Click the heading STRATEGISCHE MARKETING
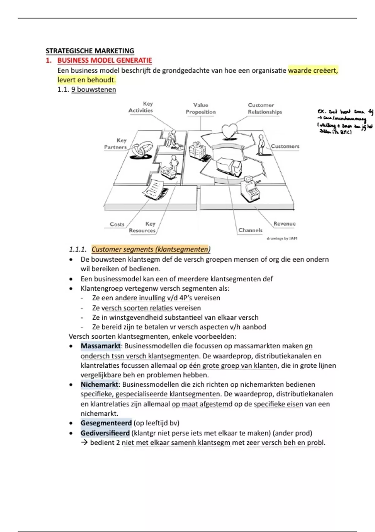pyautogui.click(x=90, y=51)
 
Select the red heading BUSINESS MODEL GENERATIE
pyautogui.click(x=104, y=60)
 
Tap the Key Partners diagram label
pyautogui.click(x=115, y=144)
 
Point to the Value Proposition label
pyautogui.click(x=201, y=109)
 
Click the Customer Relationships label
pyautogui.click(x=265, y=109)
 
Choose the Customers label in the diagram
pyautogui.click(x=285, y=146)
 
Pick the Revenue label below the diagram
pyautogui.click(x=284, y=223)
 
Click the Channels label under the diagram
pyautogui.click(x=250, y=230)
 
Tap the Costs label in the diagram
pyautogui.click(x=117, y=224)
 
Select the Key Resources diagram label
pyautogui.click(x=142, y=227)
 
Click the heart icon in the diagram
pyautogui.click(x=230, y=131)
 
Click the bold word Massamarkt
pyautogui.click(x=100, y=346)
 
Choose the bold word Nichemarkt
pyautogui.click(x=99, y=385)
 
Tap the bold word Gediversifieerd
pyautogui.click(x=105, y=433)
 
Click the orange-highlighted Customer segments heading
pyautogui.click(x=151, y=249)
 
